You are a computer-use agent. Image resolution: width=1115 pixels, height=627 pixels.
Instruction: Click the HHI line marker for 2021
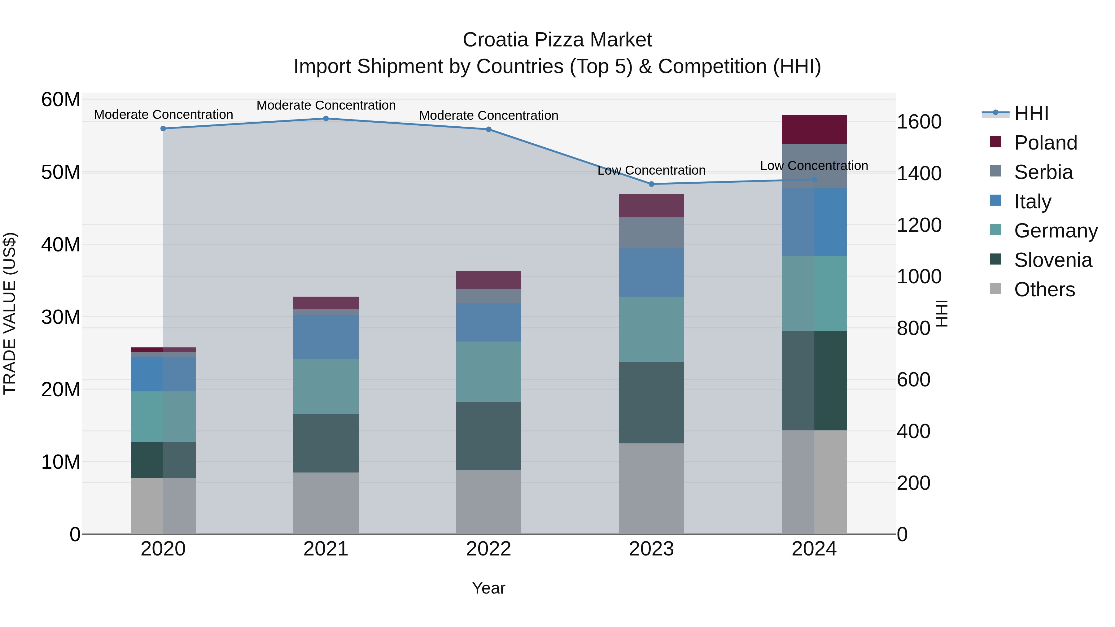(x=326, y=119)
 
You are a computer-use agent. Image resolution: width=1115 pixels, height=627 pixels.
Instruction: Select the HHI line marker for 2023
(x=651, y=184)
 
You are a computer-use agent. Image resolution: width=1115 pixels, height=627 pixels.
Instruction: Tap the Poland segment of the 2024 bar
(x=814, y=129)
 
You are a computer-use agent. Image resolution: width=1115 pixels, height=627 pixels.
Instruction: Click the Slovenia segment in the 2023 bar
(x=651, y=403)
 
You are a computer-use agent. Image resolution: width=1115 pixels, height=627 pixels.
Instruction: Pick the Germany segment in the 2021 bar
(x=326, y=386)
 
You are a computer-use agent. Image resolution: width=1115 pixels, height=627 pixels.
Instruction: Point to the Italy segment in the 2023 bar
(x=651, y=272)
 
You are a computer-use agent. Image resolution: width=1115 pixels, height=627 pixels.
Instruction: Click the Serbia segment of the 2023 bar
(x=651, y=233)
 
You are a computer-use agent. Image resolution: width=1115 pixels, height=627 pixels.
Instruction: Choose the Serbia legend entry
(x=1043, y=172)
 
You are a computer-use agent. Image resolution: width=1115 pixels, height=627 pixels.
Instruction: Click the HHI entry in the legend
(x=1031, y=113)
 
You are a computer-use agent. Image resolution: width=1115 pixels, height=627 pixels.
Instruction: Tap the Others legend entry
(x=1044, y=290)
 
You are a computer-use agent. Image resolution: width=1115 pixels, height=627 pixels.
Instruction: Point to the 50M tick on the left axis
(x=61, y=172)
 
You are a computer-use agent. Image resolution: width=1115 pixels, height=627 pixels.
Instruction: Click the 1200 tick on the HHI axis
(x=919, y=225)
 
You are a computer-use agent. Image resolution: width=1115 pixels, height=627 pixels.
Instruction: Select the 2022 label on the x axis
(x=489, y=549)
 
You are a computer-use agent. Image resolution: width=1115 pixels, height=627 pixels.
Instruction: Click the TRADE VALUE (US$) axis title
(x=10, y=313)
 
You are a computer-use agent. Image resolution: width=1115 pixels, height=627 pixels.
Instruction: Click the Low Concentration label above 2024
(x=814, y=166)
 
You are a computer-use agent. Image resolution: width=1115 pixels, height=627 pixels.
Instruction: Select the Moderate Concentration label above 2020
(x=163, y=115)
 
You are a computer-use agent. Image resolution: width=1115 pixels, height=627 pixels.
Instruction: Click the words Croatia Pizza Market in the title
(x=557, y=40)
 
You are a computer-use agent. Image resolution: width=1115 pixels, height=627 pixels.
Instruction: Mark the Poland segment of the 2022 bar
(x=489, y=280)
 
